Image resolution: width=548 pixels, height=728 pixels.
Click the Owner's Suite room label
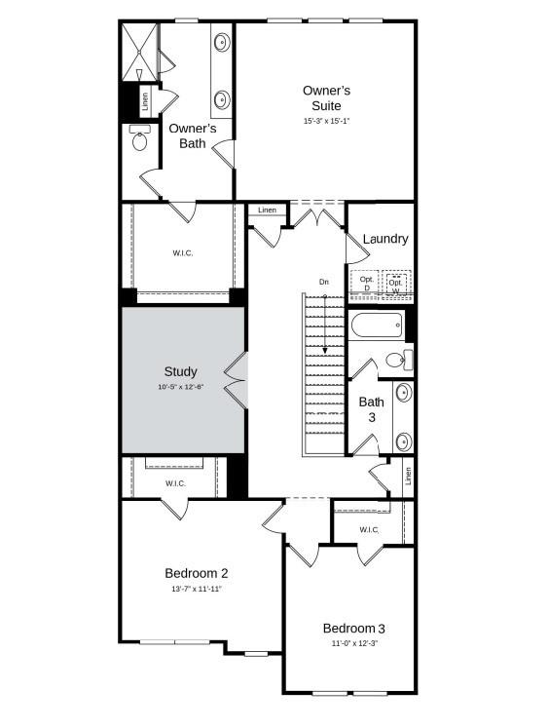tap(326, 98)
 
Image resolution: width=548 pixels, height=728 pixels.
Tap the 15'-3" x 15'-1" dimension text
tap(326, 121)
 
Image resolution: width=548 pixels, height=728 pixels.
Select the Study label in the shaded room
tap(180, 371)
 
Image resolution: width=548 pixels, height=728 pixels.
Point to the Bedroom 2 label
tap(197, 573)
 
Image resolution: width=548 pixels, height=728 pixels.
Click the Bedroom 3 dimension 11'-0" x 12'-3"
tap(354, 643)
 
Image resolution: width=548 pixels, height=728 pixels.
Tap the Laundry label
tap(385, 239)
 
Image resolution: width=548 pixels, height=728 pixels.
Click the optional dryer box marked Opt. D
tap(365, 283)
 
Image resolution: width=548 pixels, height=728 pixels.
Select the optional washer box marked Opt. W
tap(396, 283)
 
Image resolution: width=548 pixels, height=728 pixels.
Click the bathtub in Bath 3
tap(377, 326)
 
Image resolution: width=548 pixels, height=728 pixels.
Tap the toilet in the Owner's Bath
tap(139, 138)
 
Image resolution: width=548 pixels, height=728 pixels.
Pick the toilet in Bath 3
tap(399, 360)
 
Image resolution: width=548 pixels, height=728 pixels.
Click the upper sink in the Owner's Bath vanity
tap(222, 42)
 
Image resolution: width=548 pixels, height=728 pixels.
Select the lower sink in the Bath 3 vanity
tap(403, 441)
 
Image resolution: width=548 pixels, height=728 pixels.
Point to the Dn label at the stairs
tap(323, 282)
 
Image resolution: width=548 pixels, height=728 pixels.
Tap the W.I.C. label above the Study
tap(183, 253)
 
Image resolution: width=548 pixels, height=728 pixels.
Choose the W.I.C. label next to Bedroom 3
tap(369, 530)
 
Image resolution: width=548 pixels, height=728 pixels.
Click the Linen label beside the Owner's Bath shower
tap(145, 101)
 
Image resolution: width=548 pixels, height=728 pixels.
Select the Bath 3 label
tap(372, 409)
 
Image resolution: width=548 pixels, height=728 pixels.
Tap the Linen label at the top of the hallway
tap(267, 211)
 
